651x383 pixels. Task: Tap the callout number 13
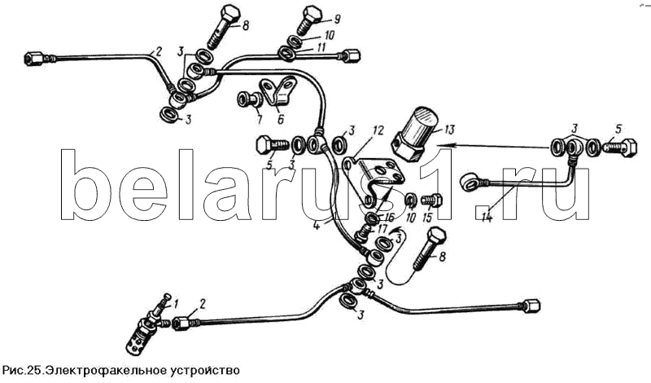(x=449, y=129)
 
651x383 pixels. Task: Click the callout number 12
(x=378, y=130)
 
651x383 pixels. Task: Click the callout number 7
(x=259, y=121)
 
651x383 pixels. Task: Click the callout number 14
(x=487, y=217)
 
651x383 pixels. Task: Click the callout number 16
(x=389, y=217)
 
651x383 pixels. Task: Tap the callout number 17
(x=382, y=229)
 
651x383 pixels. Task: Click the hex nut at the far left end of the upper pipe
(x=34, y=59)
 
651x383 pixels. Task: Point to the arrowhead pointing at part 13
(x=442, y=145)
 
